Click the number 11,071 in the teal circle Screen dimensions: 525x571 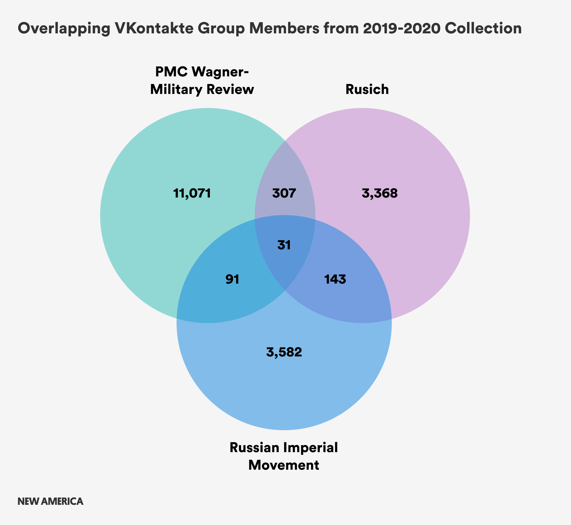coord(192,193)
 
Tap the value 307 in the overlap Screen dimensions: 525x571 coord(284,193)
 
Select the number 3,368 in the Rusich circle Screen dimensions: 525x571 coord(380,193)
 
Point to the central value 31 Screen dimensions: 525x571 coord(284,245)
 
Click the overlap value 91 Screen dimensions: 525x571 coord(232,279)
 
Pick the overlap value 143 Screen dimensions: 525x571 coord(335,279)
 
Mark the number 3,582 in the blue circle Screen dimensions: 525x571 coord(284,352)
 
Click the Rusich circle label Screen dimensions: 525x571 coord(367,89)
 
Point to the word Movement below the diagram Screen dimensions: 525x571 coord(284,465)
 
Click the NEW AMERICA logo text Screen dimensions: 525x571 coord(50,501)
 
